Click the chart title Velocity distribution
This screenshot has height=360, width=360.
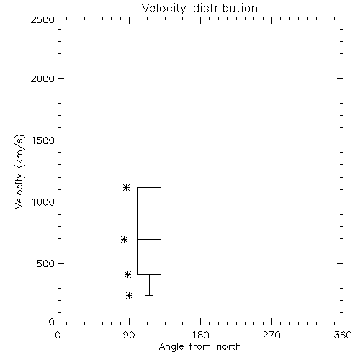click(x=199, y=9)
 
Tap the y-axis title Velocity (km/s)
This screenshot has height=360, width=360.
click(x=19, y=171)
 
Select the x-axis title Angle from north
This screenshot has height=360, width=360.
click(x=199, y=347)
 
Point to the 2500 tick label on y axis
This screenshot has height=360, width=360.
click(x=42, y=19)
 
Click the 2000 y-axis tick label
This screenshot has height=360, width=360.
click(x=42, y=78)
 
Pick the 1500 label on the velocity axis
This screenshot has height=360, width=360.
click(x=43, y=140)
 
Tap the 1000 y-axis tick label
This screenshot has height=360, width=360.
click(x=43, y=202)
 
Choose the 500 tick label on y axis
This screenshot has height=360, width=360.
click(x=46, y=264)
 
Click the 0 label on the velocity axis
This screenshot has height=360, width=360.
click(x=52, y=322)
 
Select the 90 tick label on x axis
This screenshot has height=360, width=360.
click(x=129, y=335)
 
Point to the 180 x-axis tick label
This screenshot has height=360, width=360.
click(x=200, y=335)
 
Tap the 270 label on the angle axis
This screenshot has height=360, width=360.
click(x=271, y=335)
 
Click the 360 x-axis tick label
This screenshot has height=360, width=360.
click(x=343, y=335)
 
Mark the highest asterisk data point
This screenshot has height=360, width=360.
click(x=127, y=187)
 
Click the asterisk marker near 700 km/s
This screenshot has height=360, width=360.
click(x=124, y=239)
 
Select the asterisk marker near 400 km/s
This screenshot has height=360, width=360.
click(x=127, y=274)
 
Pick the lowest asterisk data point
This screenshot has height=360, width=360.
click(x=130, y=295)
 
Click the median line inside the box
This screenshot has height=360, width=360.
click(x=149, y=239)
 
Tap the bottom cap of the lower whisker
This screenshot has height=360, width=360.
click(x=149, y=295)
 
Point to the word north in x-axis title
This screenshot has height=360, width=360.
click(x=229, y=347)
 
